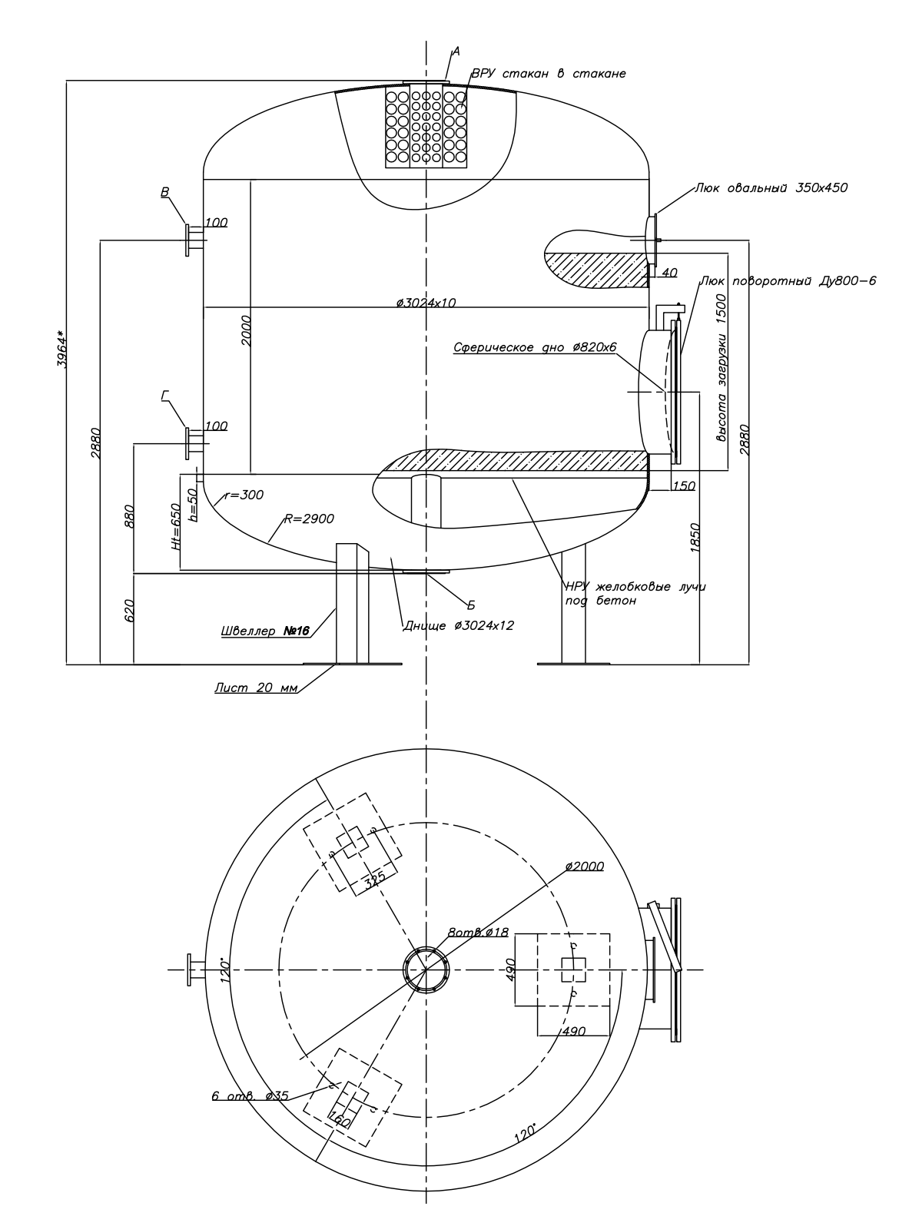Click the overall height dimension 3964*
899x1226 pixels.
coord(62,350)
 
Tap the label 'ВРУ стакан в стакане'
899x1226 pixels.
coord(549,73)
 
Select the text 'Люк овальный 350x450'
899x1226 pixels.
coord(771,187)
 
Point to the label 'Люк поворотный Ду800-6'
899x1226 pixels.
coord(788,281)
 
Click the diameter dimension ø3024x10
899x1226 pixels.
coord(426,303)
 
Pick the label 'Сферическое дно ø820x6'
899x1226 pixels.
coord(535,347)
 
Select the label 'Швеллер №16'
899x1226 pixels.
coord(266,631)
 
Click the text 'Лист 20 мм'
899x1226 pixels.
coord(256,688)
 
